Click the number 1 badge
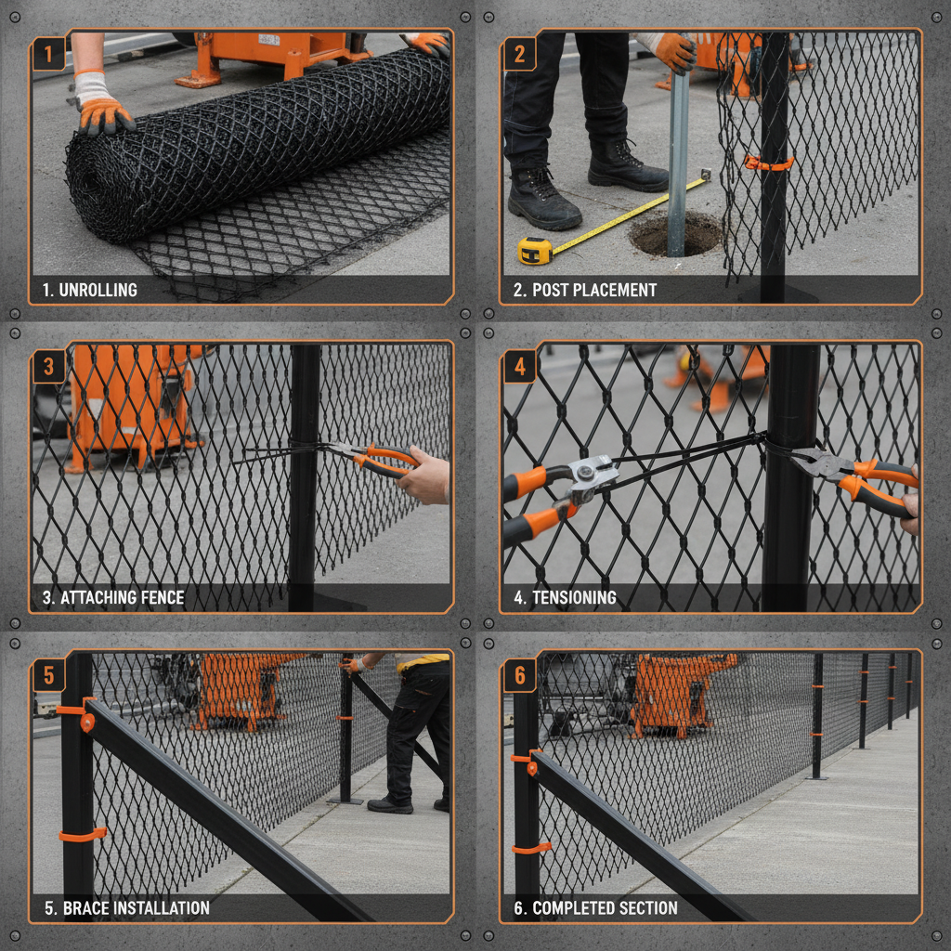(x=49, y=54)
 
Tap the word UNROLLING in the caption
(x=98, y=290)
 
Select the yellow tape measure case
(x=535, y=250)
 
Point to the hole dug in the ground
(x=675, y=234)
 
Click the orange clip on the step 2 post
(x=768, y=163)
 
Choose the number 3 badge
(x=49, y=368)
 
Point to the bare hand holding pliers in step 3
(x=425, y=475)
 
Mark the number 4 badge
(x=520, y=368)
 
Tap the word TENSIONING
(x=574, y=598)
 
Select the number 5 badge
(x=49, y=675)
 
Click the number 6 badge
(x=520, y=675)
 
